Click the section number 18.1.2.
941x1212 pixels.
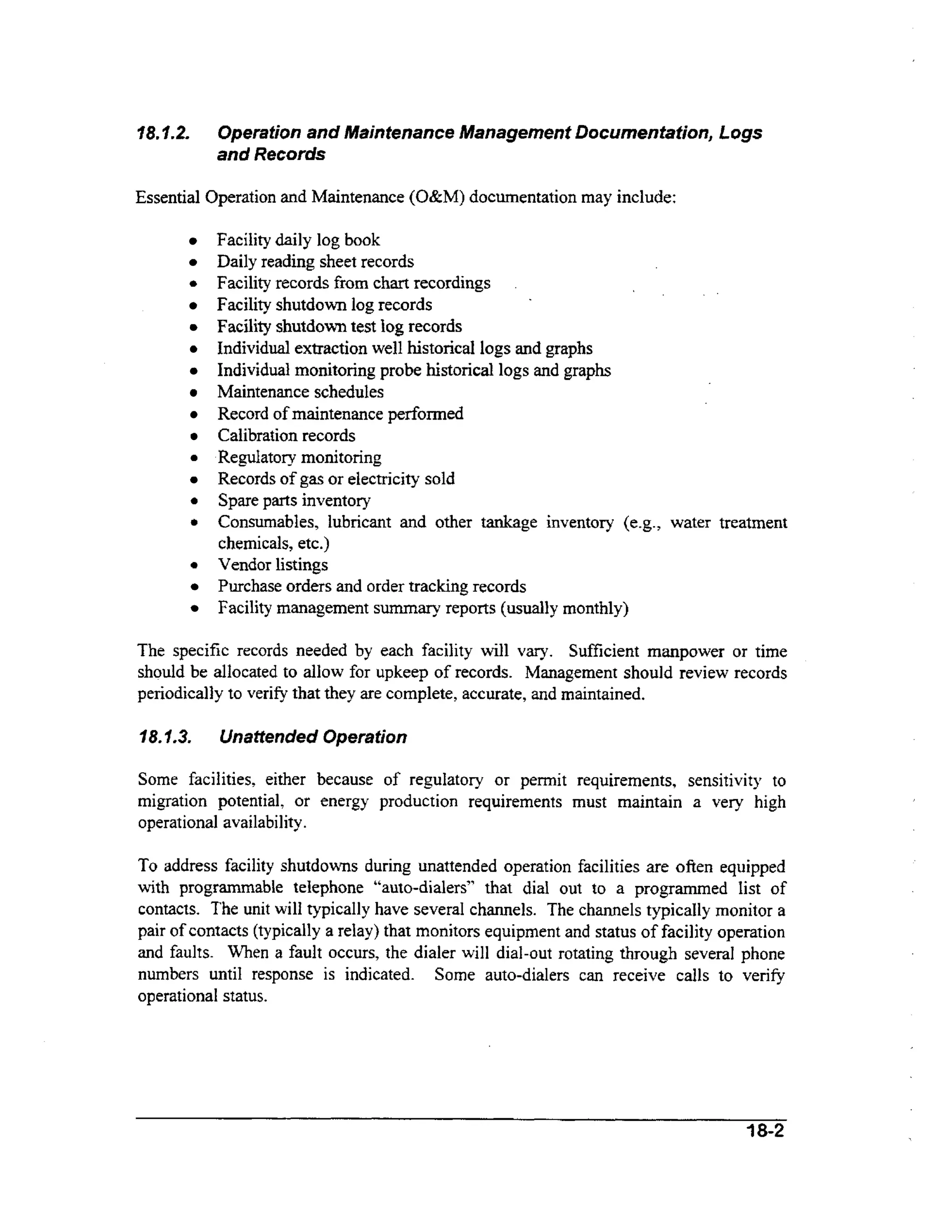(163, 133)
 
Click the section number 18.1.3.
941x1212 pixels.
(164, 737)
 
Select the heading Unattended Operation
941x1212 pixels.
(313, 737)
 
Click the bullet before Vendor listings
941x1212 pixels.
(193, 566)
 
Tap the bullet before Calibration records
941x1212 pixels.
(193, 437)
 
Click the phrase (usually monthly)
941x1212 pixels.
(565, 609)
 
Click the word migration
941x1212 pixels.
(172, 801)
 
